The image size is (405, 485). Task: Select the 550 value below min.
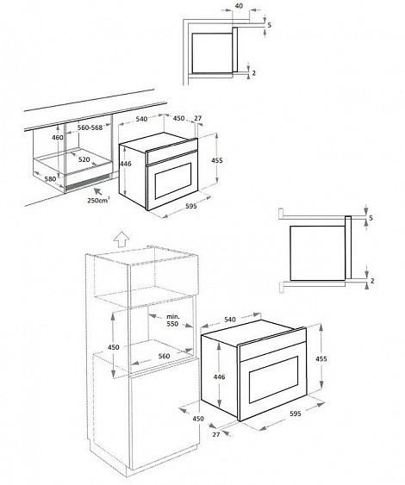pyautogui.click(x=173, y=326)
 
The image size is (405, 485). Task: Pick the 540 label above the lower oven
pyautogui.click(x=230, y=320)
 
